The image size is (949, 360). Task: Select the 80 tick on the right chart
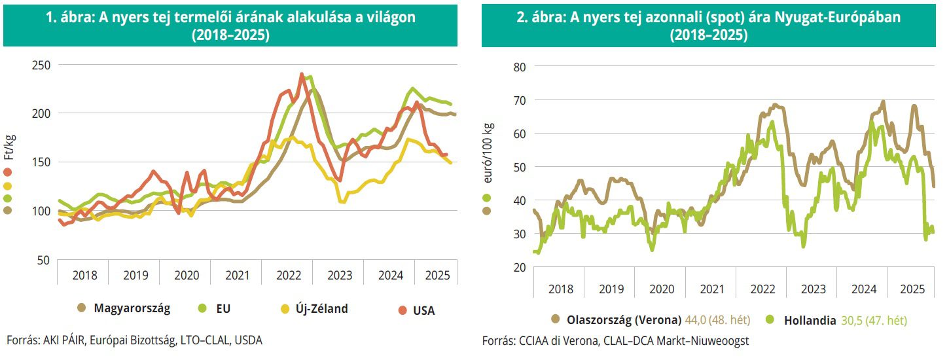pyautogui.click(x=520, y=67)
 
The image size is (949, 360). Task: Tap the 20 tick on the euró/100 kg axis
pyautogui.click(x=520, y=267)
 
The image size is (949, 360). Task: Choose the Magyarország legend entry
pyautogui.click(x=132, y=308)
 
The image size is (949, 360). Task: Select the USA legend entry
pyautogui.click(x=423, y=310)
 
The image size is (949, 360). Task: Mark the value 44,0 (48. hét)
pyautogui.click(x=717, y=320)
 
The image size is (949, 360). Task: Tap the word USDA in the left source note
pyautogui.click(x=249, y=340)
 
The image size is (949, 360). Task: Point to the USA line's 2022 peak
pyautogui.click(x=302, y=74)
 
